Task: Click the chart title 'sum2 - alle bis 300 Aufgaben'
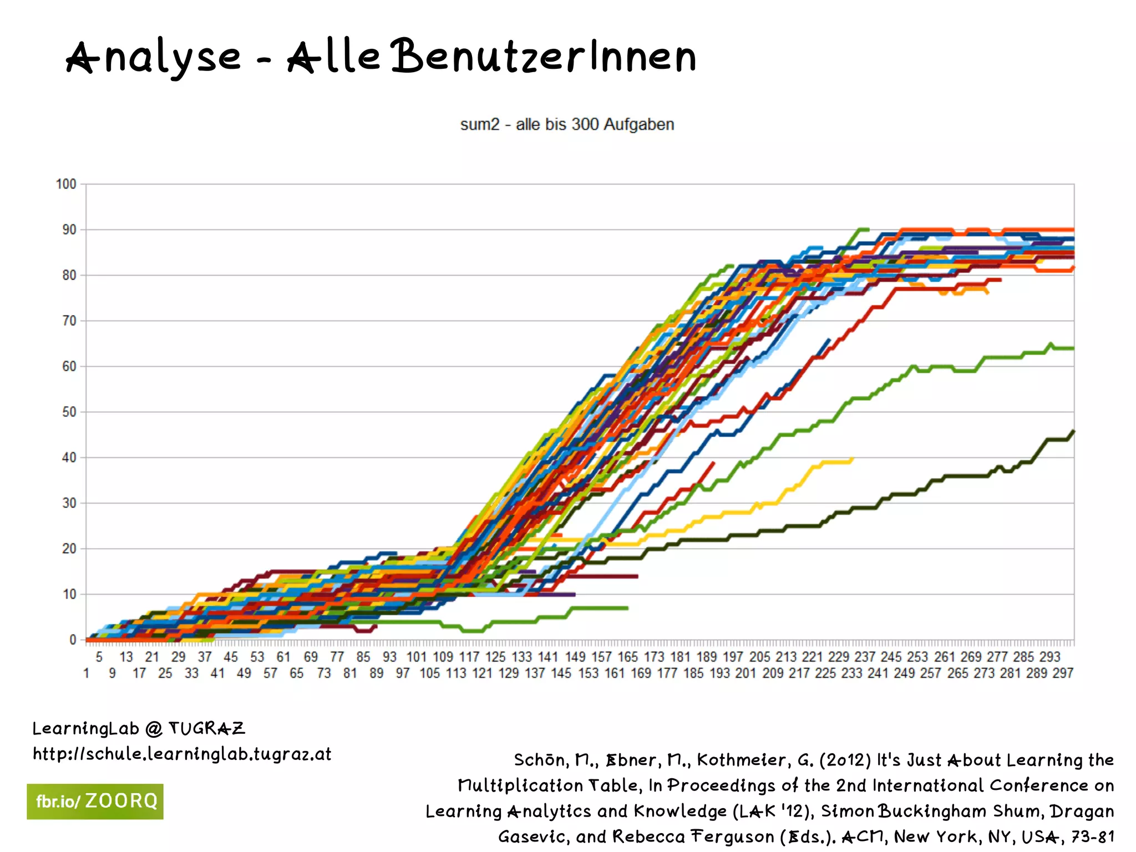[567, 124]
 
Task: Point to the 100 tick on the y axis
[66, 184]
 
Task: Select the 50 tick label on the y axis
[69, 412]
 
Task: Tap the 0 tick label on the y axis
[73, 640]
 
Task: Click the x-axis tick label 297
[1063, 673]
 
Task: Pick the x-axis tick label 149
[575, 657]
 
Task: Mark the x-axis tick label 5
[99, 657]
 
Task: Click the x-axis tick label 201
[745, 673]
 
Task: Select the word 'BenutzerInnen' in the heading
[544, 57]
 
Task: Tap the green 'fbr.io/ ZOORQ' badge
[95, 802]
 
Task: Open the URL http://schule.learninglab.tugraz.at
[182, 754]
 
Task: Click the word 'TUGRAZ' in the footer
[206, 728]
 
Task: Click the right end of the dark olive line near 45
[1073, 431]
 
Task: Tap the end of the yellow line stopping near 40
[852, 459]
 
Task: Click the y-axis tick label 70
[69, 321]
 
